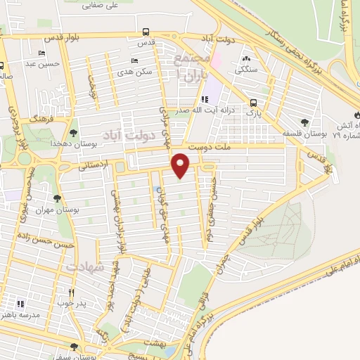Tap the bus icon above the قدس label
pos(146,32)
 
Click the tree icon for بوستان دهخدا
pos(74,131)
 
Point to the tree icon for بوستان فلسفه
pos(304,122)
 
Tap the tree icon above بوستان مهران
pos(56,198)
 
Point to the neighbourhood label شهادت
pos(85,268)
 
